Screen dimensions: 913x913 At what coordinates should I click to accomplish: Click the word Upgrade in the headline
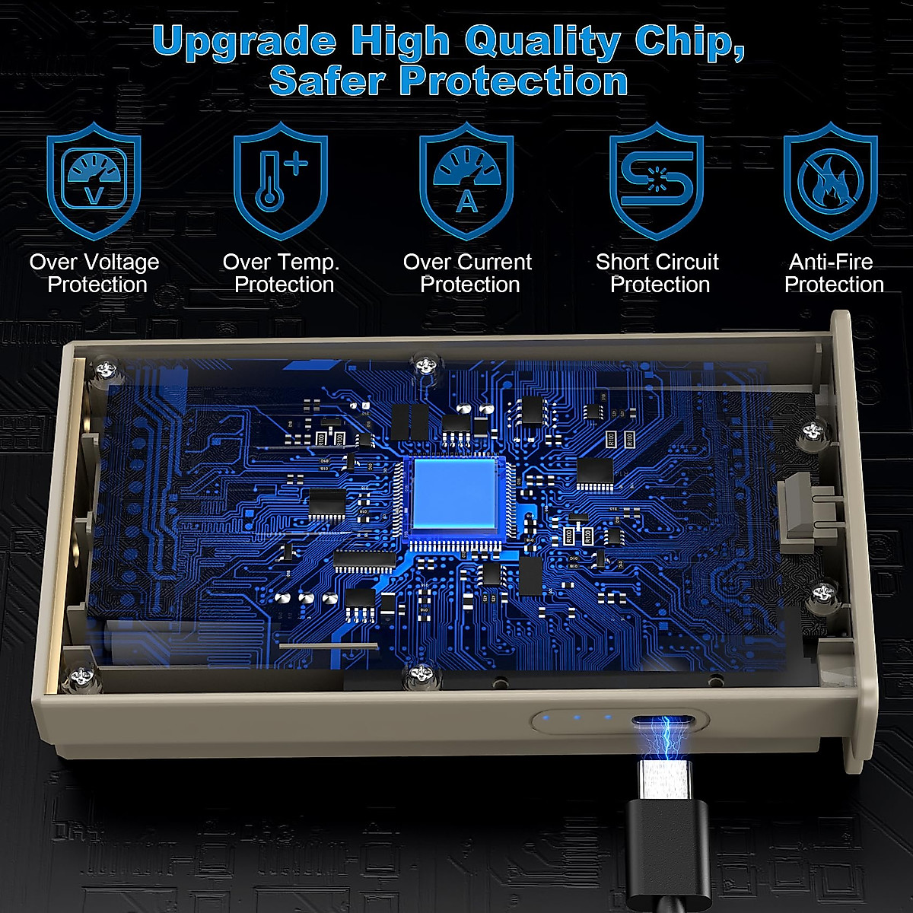pos(243,42)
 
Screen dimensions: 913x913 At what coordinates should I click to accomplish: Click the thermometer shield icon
pos(281,183)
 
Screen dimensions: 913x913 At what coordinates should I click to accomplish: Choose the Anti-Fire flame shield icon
pos(830,183)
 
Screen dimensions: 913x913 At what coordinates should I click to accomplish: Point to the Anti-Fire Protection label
pos(833,273)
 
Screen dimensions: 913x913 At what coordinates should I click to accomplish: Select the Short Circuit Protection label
pos(658,273)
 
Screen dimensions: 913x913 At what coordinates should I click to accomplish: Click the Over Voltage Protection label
pos(95,273)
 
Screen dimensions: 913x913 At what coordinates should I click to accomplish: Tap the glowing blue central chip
pos(455,495)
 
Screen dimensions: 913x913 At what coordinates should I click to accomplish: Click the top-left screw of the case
pos(106,370)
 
